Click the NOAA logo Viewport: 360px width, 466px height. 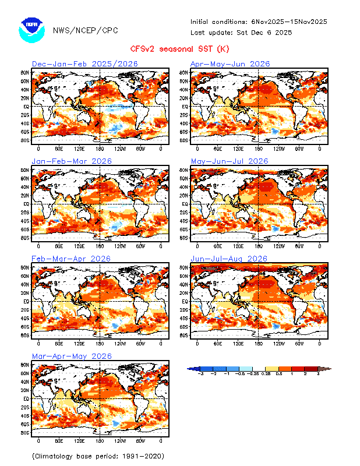[31, 30]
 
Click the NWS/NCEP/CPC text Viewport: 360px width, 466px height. [76, 30]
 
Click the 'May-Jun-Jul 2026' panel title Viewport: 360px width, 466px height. [230, 161]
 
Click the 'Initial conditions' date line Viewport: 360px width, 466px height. [259, 22]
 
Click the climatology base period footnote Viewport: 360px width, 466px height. [97, 456]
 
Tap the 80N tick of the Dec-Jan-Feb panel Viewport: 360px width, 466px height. [26, 73]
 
